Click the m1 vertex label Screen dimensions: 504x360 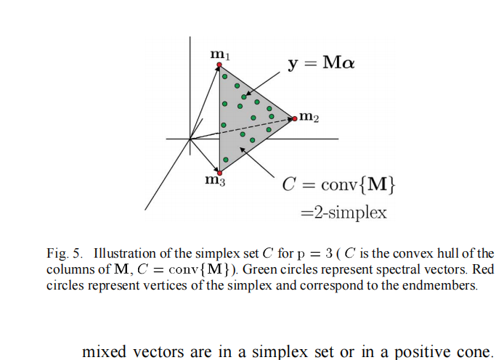[x=219, y=54]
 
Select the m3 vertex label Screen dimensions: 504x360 [x=214, y=181]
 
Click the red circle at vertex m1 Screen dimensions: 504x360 [x=219, y=65]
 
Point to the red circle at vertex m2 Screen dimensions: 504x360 [x=295, y=118]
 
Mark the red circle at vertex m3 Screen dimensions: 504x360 [x=219, y=173]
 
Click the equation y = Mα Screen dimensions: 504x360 [x=321, y=63]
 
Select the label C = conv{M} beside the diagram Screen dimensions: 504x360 [x=339, y=185]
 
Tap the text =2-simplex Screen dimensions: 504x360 [x=344, y=213]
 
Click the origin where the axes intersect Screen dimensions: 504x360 [x=190, y=138]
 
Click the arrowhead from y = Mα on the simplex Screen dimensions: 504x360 [x=247, y=94]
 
